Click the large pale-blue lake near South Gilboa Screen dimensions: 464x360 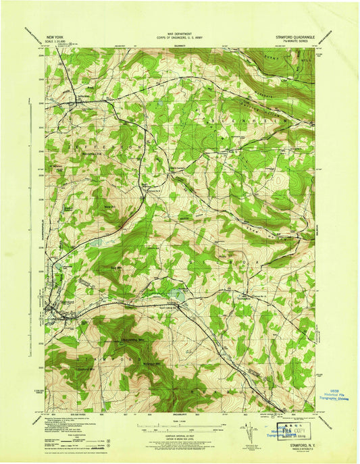(x=177, y=293)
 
